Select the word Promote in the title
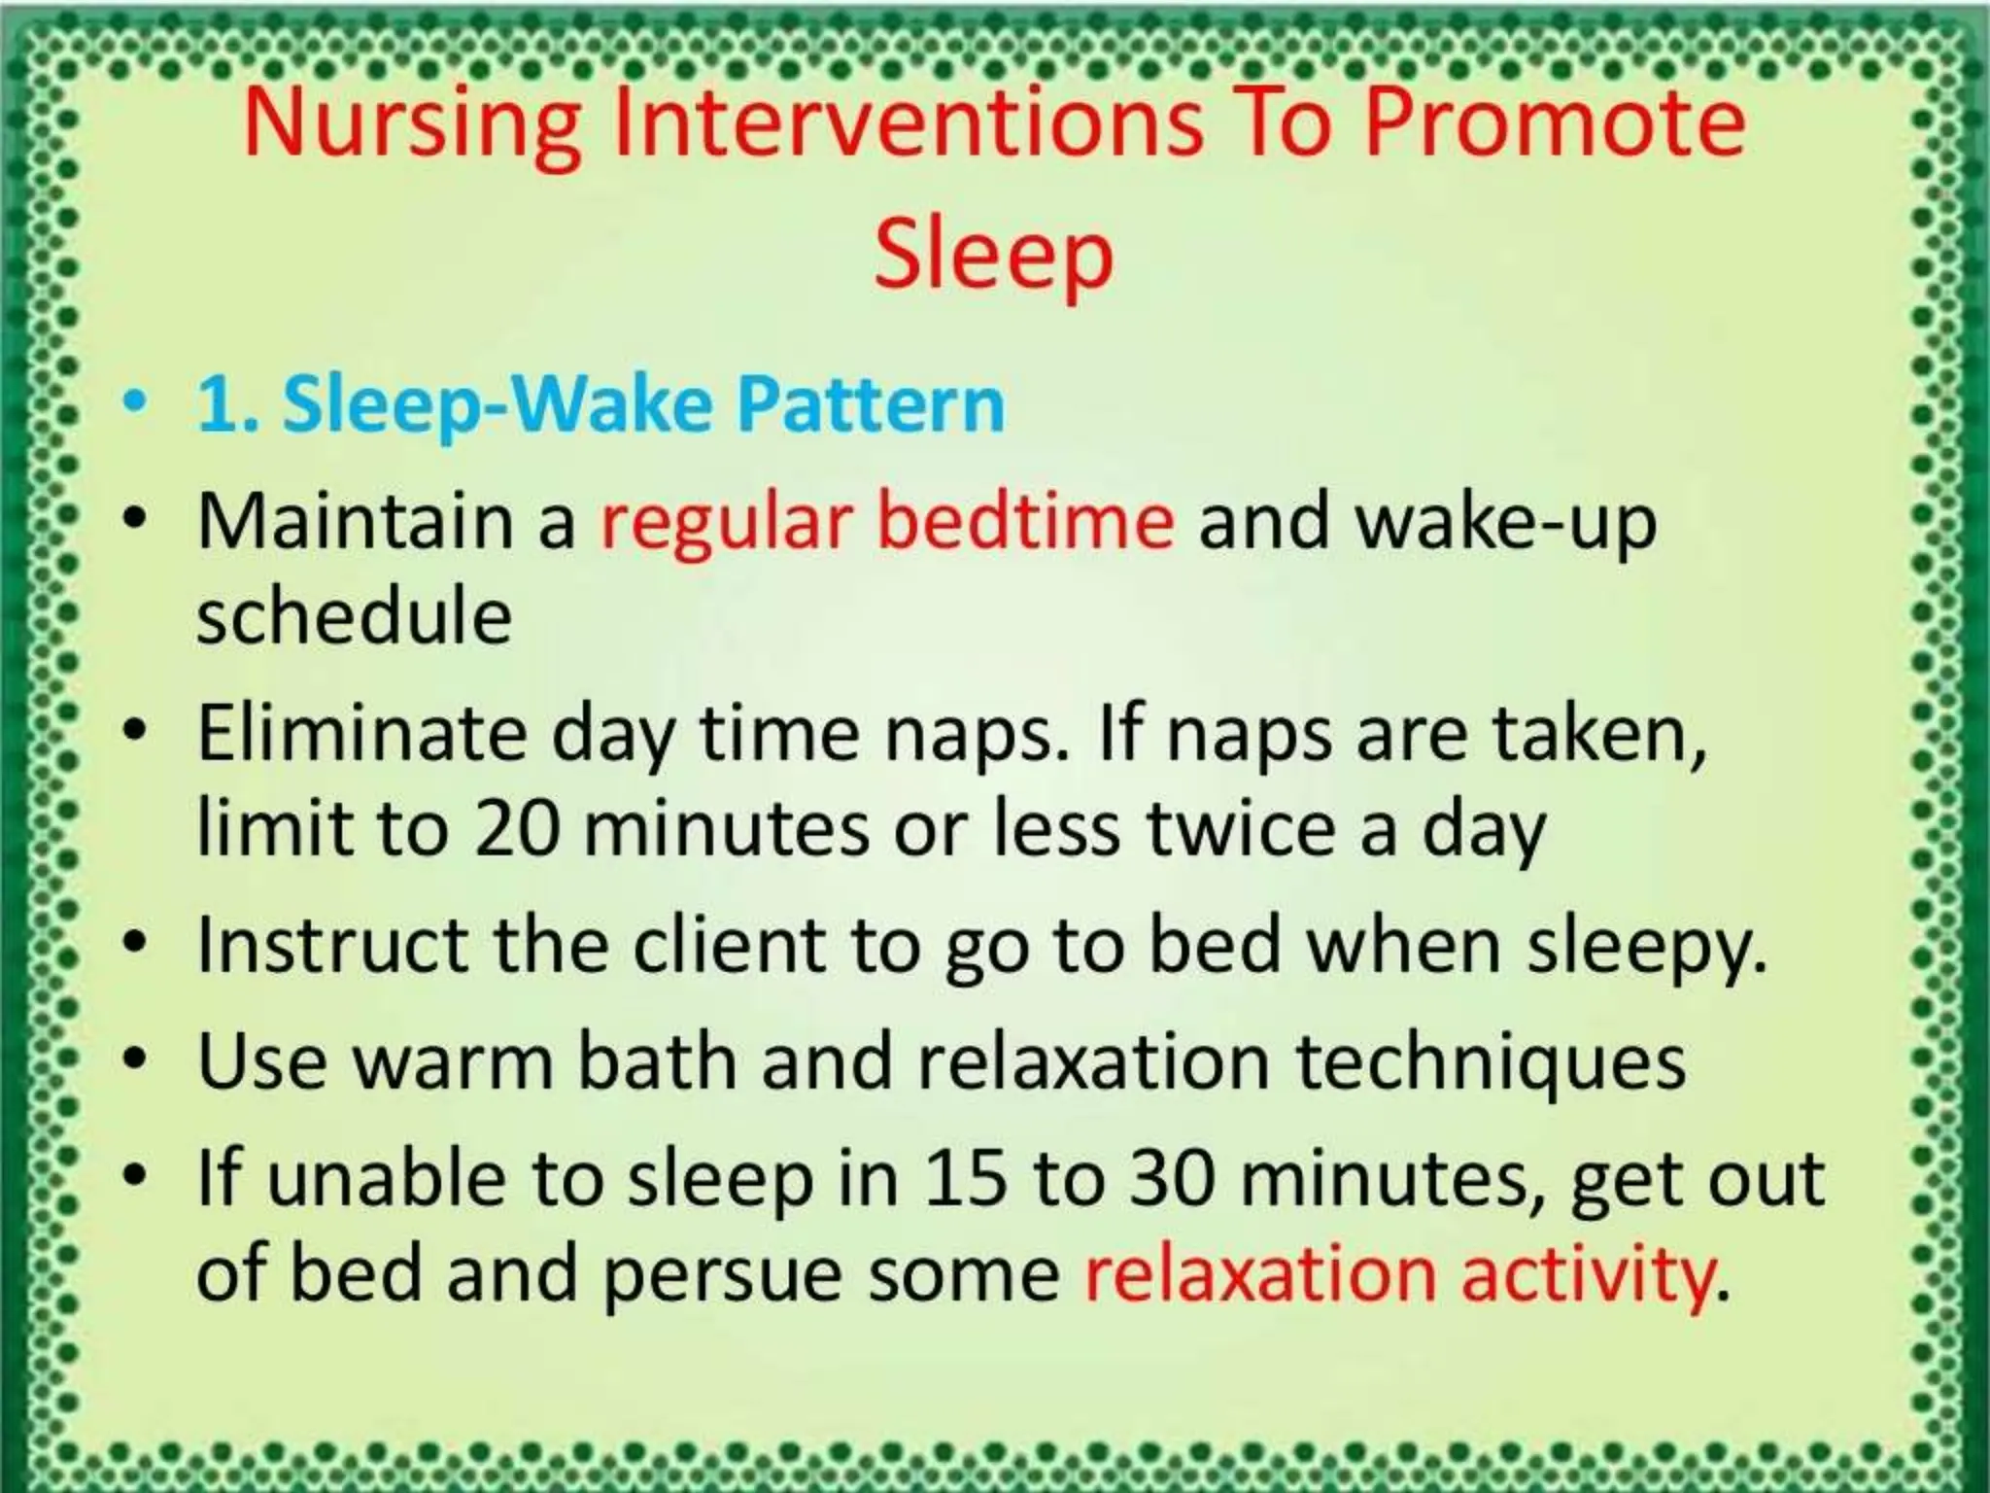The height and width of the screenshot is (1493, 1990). tap(1555, 126)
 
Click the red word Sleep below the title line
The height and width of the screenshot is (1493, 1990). tap(993, 255)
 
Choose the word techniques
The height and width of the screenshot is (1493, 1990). tap(1491, 1062)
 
